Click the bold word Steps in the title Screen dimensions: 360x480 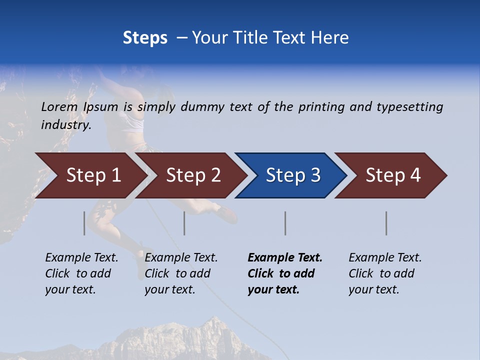pos(145,38)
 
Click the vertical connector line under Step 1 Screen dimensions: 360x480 pos(84,223)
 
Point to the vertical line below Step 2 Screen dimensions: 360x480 pos(184,223)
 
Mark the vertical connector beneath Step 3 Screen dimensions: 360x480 pos(285,223)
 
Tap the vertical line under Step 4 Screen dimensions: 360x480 pos(386,223)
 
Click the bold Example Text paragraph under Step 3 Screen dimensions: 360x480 pos(285,273)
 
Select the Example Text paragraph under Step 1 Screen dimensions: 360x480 pos(81,273)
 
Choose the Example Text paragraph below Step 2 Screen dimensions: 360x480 pos(181,273)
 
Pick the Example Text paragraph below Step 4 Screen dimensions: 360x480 pos(385,273)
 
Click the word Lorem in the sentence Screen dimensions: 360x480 pos(59,107)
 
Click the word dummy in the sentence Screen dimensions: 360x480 pos(202,107)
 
